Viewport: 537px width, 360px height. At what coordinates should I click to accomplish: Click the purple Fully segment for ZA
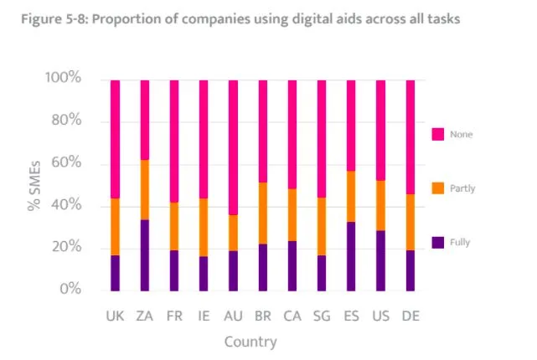coord(144,255)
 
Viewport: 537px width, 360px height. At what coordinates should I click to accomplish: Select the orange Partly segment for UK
coord(115,227)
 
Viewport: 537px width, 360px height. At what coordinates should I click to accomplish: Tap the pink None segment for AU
coord(233,147)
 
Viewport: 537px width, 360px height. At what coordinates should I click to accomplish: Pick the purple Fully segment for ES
coord(351,256)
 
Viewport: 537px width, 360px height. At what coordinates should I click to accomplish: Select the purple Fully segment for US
coord(380,260)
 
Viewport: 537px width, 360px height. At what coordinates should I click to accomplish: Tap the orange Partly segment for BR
coord(262,213)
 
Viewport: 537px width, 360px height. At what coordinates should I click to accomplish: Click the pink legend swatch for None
coord(437,134)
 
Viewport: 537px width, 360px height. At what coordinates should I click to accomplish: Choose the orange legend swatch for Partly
coord(437,188)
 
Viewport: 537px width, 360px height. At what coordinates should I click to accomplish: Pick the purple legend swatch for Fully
coord(437,242)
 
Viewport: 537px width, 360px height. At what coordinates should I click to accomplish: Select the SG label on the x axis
coord(322,316)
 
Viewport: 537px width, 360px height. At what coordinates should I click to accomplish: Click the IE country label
coord(204,316)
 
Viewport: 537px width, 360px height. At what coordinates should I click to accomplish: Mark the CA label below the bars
coord(292,316)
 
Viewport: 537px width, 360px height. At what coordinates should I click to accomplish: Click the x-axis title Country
coord(250,342)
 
